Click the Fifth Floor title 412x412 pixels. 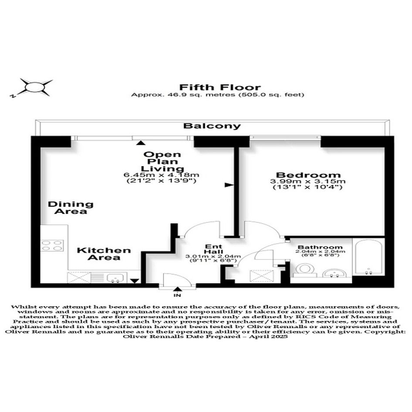(x=220, y=87)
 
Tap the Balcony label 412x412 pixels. (x=212, y=126)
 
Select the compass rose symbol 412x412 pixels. (x=33, y=87)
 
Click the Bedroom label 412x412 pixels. (x=308, y=175)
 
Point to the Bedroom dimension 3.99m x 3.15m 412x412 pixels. (x=308, y=181)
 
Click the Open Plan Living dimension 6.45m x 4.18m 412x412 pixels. (x=161, y=175)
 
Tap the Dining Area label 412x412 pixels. (x=71, y=208)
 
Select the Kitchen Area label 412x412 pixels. (x=104, y=254)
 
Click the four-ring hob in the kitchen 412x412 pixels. (x=52, y=246)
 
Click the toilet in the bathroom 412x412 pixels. (x=305, y=270)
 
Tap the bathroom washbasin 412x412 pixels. (x=334, y=273)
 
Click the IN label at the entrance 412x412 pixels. (x=177, y=295)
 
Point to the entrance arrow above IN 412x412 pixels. (x=178, y=289)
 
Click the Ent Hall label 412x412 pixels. (x=214, y=249)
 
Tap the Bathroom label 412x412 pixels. (x=320, y=247)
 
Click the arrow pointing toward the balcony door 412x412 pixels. (x=141, y=143)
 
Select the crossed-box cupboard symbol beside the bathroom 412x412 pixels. (x=262, y=276)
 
